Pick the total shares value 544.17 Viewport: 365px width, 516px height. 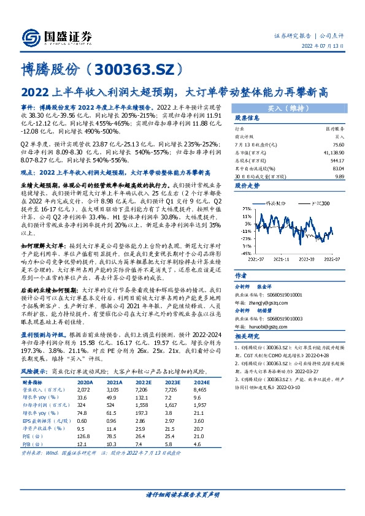click(x=334, y=159)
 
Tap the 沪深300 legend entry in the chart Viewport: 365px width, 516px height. click(x=315, y=202)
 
